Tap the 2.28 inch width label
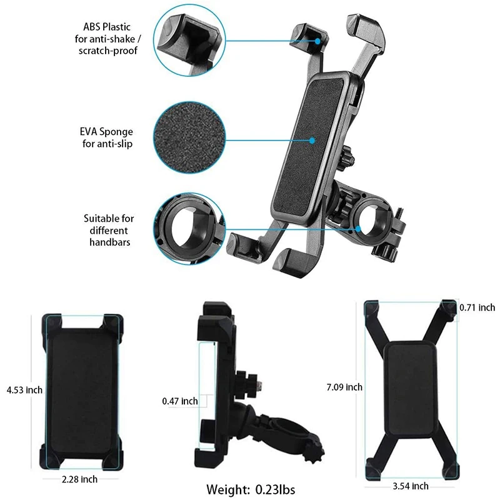pyautogui.click(x=80, y=479)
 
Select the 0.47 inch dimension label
pyautogui.click(x=180, y=401)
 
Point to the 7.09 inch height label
pyautogui.click(x=344, y=387)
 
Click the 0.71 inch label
pyautogui.click(x=477, y=307)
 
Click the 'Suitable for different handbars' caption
pyautogui.click(x=109, y=229)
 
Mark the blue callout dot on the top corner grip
pyautogui.click(x=318, y=41)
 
